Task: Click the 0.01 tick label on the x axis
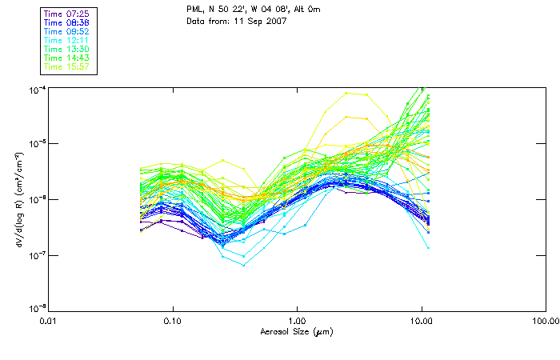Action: point(49,322)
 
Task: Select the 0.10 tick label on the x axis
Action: point(173,322)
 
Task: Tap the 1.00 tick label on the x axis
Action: point(298,322)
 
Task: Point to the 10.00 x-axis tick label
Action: point(422,322)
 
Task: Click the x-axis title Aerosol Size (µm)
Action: point(297,332)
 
